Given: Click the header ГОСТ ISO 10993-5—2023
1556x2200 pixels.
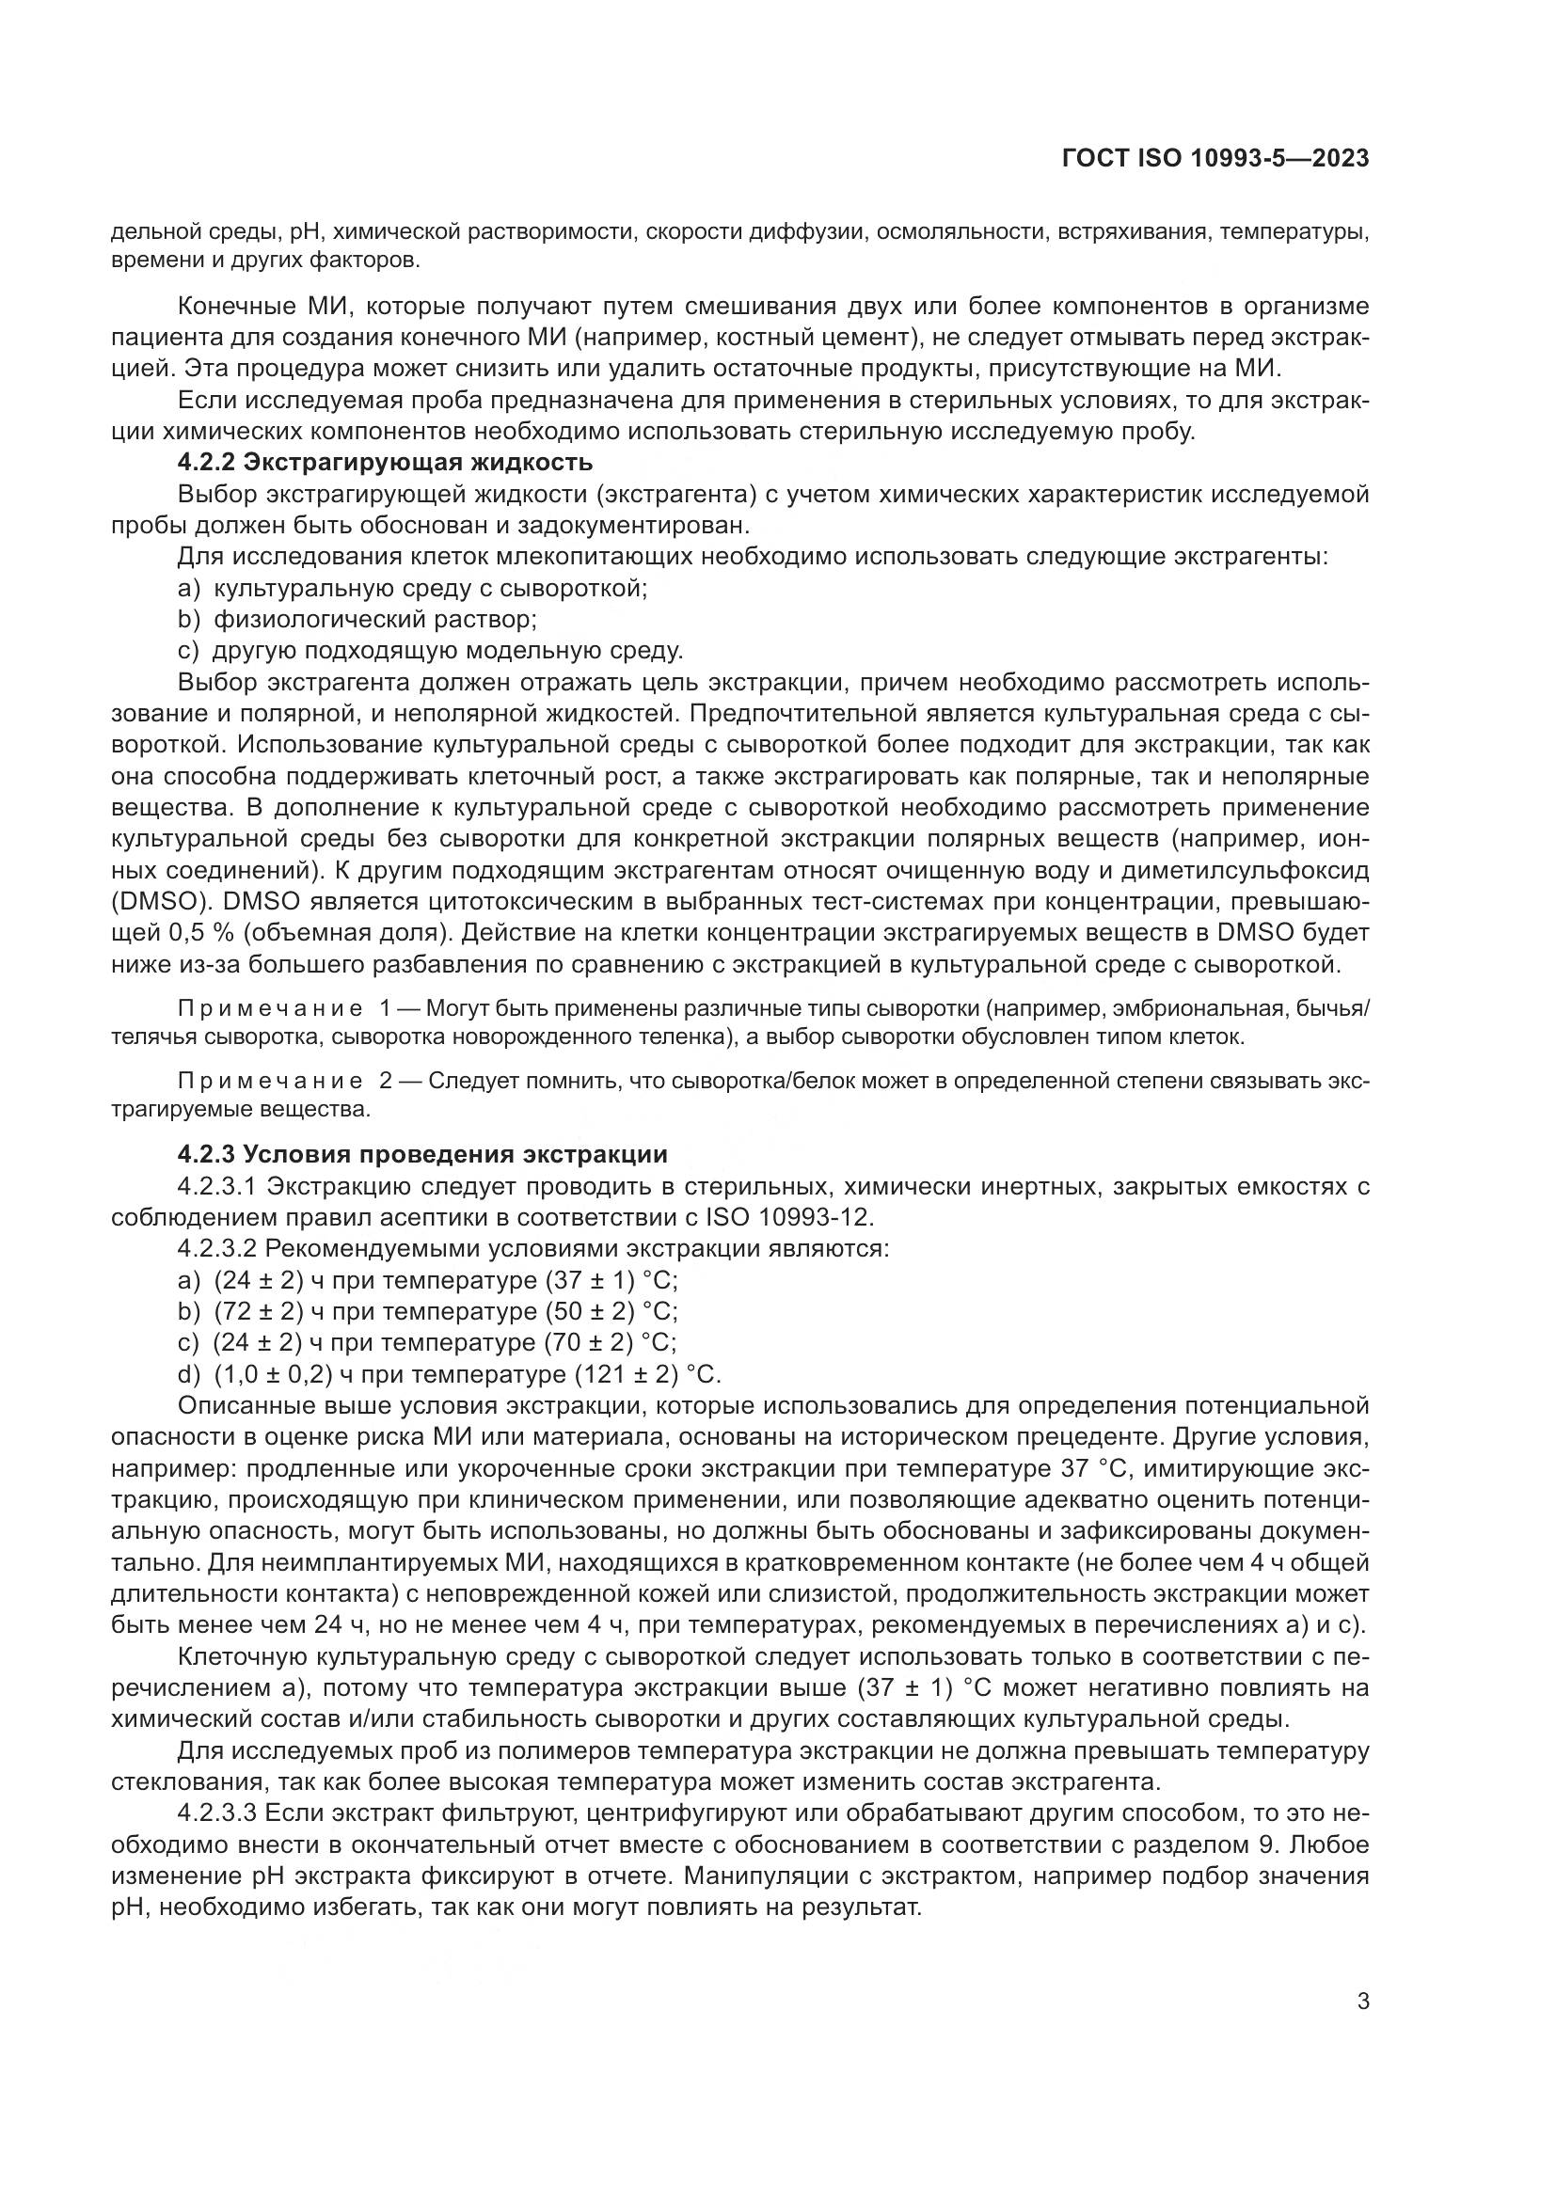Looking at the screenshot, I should [x=1215, y=159].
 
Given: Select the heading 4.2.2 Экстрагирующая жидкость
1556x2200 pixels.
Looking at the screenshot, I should [x=385, y=463].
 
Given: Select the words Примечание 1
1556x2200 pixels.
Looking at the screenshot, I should [x=286, y=1009].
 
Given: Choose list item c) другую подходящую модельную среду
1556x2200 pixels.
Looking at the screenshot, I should [x=430, y=652].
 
